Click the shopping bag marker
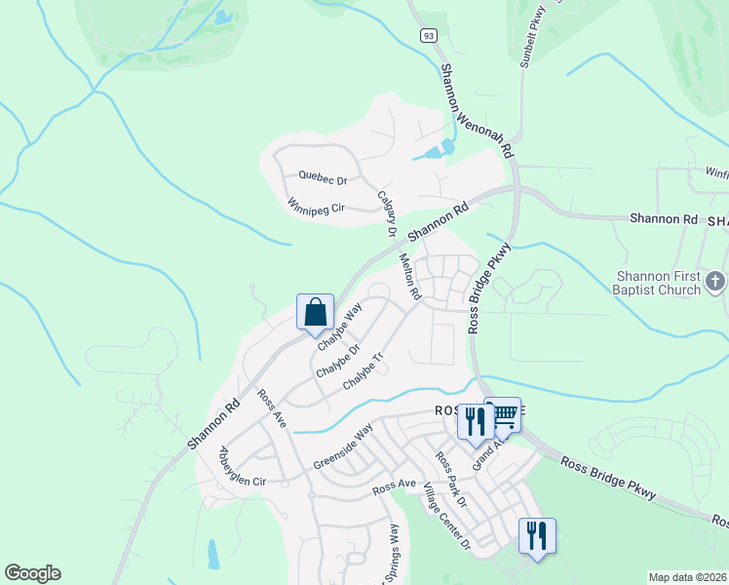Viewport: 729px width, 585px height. pyautogui.click(x=316, y=313)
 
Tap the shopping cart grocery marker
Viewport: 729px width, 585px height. pyautogui.click(x=504, y=414)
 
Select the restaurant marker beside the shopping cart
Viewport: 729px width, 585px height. pyautogui.click(x=474, y=421)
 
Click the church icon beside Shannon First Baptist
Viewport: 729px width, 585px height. pyautogui.click(x=716, y=283)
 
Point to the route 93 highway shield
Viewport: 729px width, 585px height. pyautogui.click(x=428, y=35)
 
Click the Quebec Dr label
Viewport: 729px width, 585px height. pyautogui.click(x=323, y=179)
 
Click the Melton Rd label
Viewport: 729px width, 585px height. pyautogui.click(x=409, y=277)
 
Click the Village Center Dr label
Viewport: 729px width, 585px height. pyautogui.click(x=447, y=523)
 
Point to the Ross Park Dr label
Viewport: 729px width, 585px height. pyautogui.click(x=451, y=480)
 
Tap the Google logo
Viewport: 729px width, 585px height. pyautogui.click(x=32, y=573)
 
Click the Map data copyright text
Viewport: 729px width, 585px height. pyautogui.click(x=687, y=577)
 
